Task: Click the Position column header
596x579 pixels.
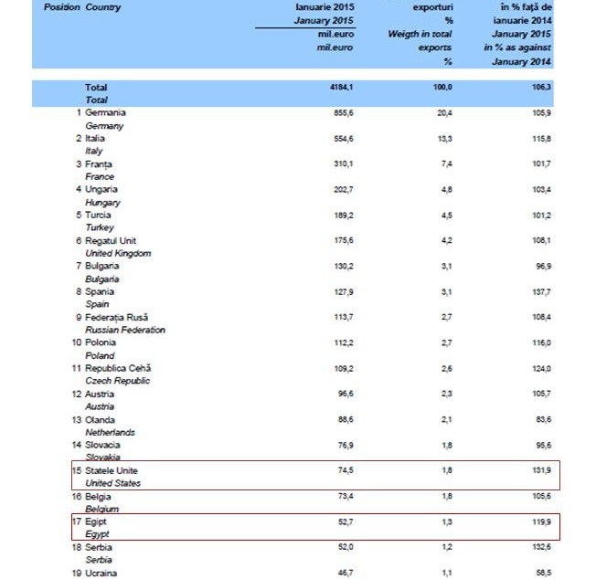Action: click(61, 7)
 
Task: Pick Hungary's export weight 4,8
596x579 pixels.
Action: click(445, 189)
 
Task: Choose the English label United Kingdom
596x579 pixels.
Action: click(118, 253)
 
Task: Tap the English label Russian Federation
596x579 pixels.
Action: click(124, 329)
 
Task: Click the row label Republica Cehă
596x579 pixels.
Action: click(117, 368)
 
